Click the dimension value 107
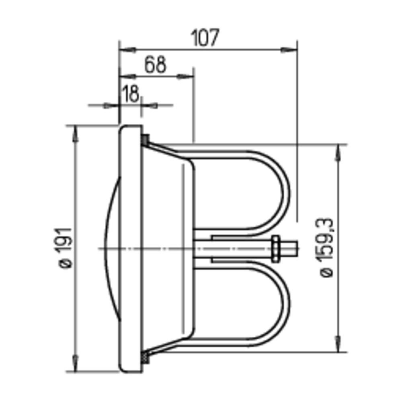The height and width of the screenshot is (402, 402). (x=205, y=38)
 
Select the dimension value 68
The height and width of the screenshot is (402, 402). (x=155, y=65)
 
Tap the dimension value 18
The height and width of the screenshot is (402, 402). (x=131, y=94)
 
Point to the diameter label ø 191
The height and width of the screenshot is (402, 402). (x=65, y=248)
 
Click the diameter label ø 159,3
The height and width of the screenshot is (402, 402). (x=326, y=247)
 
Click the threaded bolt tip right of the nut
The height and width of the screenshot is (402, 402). (x=288, y=248)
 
